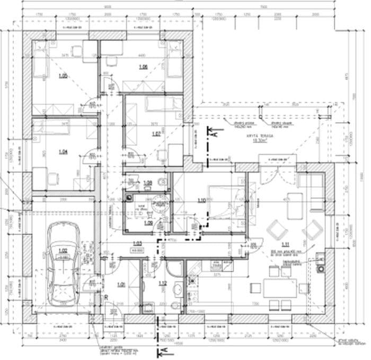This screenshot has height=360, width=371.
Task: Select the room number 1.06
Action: tap(143, 67)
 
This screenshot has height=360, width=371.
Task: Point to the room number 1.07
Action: tap(156, 134)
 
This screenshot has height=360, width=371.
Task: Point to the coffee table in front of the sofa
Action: tap(295, 207)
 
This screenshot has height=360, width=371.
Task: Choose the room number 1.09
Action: tap(148, 223)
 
